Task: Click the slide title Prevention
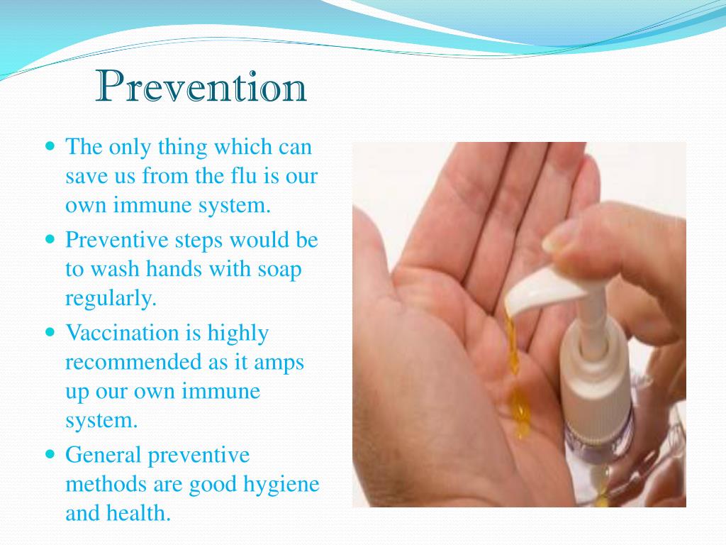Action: (201, 88)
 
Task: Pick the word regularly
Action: (110, 299)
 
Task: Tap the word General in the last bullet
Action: (104, 454)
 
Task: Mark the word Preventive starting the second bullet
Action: (112, 239)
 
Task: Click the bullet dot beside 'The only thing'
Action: (50, 147)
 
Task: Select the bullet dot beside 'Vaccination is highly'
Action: (50, 332)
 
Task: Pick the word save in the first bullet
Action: (85, 176)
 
